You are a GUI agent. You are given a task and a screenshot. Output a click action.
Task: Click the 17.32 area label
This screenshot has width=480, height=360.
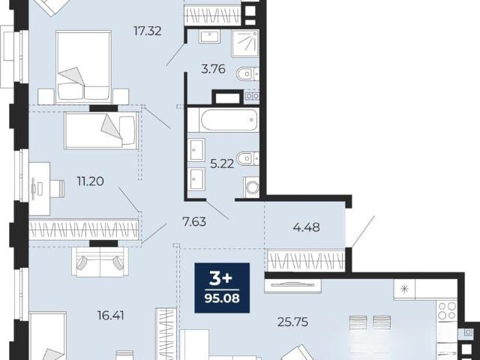point(148,31)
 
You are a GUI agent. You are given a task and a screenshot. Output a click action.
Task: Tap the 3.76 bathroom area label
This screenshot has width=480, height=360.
point(213,69)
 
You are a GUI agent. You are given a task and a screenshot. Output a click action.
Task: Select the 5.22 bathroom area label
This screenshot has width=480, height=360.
point(222,163)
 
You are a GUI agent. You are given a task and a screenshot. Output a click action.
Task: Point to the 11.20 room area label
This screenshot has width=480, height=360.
point(90,181)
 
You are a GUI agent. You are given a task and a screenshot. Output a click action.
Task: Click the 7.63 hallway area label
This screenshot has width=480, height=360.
point(194,222)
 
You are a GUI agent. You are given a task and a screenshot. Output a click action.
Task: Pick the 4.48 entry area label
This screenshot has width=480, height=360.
point(307,227)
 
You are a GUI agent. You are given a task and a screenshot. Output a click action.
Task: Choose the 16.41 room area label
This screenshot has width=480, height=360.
point(110,315)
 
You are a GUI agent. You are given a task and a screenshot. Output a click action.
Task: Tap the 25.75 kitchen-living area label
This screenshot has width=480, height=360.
point(292,322)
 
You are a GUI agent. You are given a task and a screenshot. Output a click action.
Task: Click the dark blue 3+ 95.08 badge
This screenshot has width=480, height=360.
point(222,288)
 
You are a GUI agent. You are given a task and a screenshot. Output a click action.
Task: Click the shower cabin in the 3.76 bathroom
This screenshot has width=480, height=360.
point(245,43)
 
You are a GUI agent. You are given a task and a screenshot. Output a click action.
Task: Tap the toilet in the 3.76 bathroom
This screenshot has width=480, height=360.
point(247,73)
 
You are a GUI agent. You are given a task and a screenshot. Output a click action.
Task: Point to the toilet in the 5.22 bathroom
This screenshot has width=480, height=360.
point(247,158)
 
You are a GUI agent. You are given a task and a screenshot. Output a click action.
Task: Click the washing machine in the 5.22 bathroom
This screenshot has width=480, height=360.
point(251,187)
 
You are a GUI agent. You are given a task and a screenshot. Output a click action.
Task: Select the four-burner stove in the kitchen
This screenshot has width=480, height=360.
point(447,310)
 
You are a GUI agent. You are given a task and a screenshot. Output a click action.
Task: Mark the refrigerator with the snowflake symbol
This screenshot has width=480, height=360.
point(404,289)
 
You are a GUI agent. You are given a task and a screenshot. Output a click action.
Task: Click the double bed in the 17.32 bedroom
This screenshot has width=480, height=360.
point(83,67)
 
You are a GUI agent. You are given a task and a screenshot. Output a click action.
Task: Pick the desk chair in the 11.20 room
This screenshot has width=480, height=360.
point(57,188)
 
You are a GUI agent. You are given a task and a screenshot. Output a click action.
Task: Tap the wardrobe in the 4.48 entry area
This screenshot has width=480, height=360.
point(306,261)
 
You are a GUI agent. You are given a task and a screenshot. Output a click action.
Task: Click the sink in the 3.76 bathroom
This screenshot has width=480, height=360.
point(209,37)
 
